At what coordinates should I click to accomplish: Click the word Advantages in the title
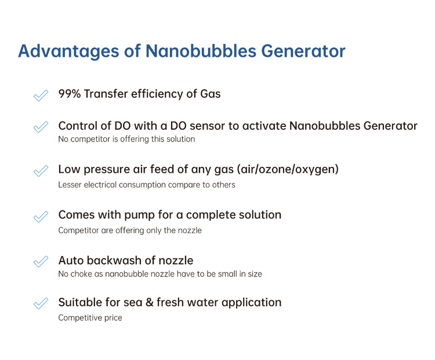[68, 52]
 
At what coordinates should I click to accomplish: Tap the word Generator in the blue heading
[303, 51]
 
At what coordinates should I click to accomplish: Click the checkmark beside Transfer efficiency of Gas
[41, 96]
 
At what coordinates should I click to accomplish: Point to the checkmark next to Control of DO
[41, 127]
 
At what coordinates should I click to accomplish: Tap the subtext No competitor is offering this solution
[126, 139]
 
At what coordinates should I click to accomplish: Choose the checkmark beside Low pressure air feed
[41, 170]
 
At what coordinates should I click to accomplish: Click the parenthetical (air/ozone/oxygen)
[288, 169]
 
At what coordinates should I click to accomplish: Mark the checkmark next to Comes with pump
[41, 216]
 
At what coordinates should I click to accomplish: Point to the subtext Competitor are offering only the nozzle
[130, 230]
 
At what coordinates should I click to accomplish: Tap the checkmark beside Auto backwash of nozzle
[41, 261]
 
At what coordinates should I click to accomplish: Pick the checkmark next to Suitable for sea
[41, 303]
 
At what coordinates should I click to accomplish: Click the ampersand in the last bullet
[149, 302]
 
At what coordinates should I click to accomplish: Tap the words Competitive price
[90, 318]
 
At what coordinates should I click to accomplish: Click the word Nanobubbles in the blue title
[201, 51]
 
